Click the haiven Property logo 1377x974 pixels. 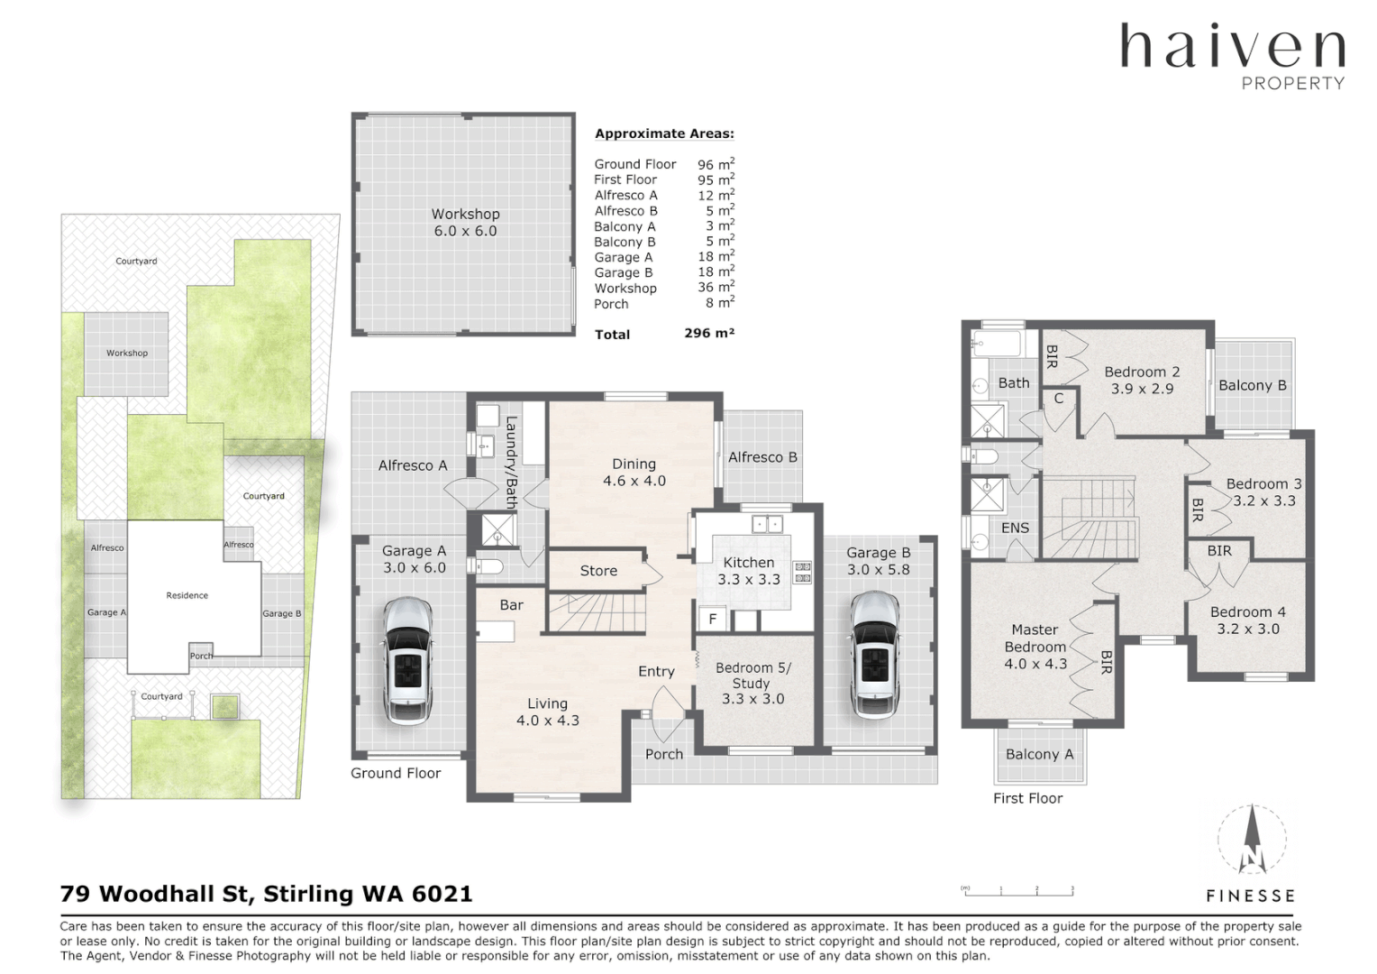tap(1232, 56)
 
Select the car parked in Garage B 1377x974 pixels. tap(873, 654)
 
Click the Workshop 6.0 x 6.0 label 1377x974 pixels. tap(465, 222)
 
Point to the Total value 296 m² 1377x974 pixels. tap(709, 333)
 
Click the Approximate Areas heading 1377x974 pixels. tap(664, 133)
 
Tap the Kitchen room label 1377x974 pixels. tap(748, 570)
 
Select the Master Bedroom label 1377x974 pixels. tap(1035, 646)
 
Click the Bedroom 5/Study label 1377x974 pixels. tap(752, 683)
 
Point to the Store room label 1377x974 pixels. tap(598, 571)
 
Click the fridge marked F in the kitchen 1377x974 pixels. tap(712, 620)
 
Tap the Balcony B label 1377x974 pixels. tap(1252, 385)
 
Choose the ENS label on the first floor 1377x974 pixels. tap(1015, 528)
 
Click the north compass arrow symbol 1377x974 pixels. tap(1252, 839)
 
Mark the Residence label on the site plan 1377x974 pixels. tap(187, 595)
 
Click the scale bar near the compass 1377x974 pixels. tap(1018, 891)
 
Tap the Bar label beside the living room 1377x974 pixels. tap(511, 605)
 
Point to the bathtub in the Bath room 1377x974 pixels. tap(996, 345)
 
